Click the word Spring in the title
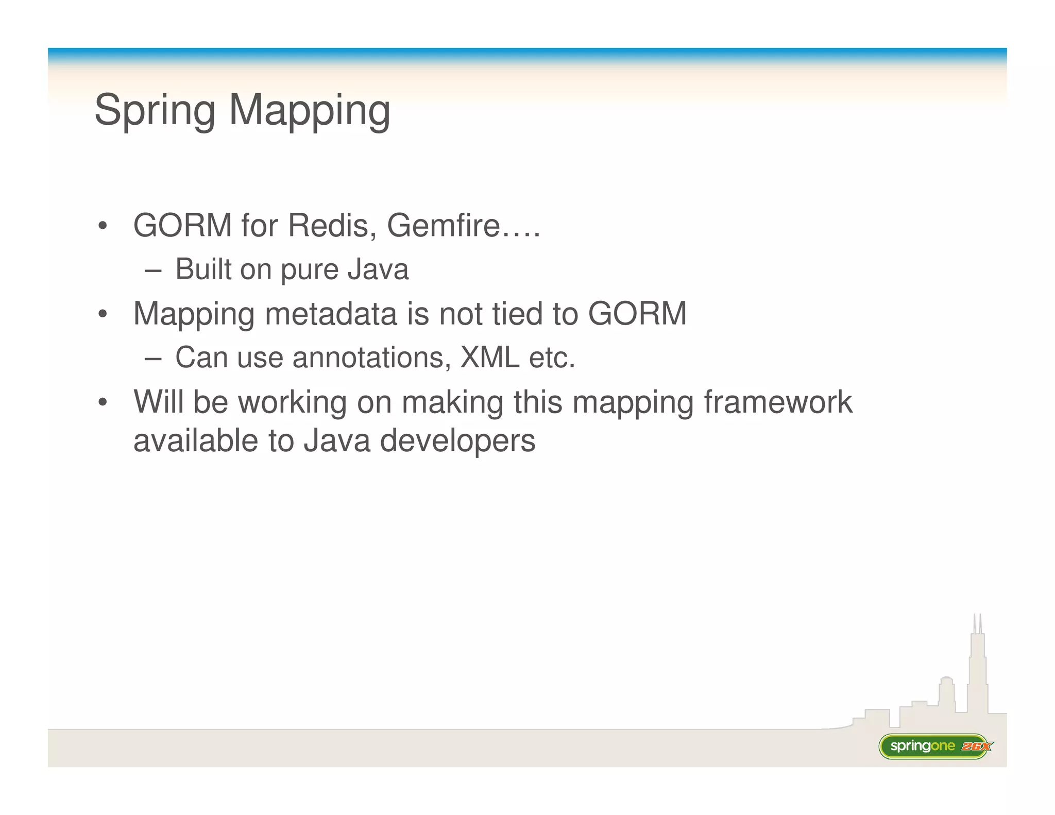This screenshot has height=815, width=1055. click(155, 110)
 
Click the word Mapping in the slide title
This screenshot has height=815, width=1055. click(309, 110)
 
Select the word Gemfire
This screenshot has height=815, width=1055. click(444, 226)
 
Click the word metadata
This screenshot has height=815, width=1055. click(331, 314)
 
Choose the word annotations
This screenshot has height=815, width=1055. click(368, 358)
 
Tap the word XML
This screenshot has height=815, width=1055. click(489, 358)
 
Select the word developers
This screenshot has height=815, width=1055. click(457, 442)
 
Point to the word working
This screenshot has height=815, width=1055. click(292, 402)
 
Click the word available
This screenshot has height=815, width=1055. click(196, 442)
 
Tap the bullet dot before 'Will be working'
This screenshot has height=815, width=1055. click(103, 402)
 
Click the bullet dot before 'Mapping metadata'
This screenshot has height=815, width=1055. click(103, 314)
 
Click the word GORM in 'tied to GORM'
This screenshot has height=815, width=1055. click(637, 314)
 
